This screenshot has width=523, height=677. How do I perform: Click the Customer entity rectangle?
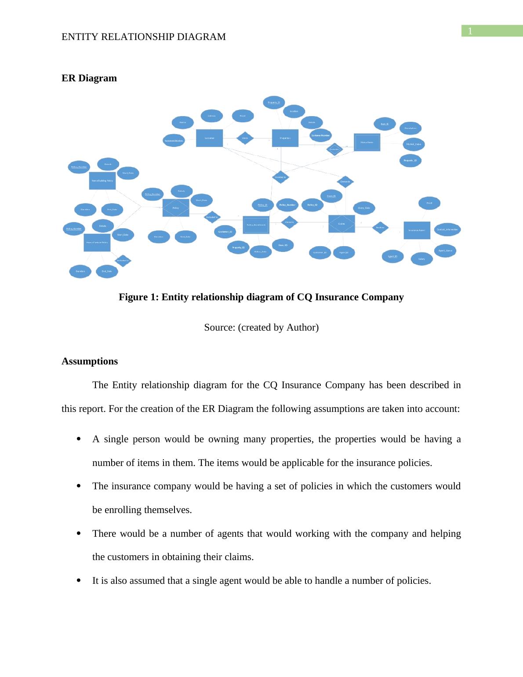coord(209,138)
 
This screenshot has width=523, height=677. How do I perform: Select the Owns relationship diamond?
coord(245,138)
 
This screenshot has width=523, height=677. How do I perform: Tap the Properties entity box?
coord(285,138)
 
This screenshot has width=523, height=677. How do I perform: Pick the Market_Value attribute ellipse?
coord(414,144)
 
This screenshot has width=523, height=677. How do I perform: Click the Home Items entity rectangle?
coord(367,142)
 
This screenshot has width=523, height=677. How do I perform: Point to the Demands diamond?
coord(345,182)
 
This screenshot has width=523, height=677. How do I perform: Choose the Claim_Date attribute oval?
coord(364,208)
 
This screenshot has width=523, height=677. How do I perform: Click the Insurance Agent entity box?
coord(417,230)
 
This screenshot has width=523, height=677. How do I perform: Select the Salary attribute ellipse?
coord(421,259)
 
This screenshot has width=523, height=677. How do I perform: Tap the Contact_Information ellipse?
coord(447,229)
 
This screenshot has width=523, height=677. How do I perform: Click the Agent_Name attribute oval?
coord(445,251)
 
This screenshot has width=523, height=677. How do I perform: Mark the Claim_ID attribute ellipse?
coord(331,196)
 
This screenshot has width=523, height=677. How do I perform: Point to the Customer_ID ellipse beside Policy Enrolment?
coord(225,232)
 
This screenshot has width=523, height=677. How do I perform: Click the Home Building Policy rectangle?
coord(102,181)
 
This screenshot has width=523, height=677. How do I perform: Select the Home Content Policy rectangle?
coord(97,243)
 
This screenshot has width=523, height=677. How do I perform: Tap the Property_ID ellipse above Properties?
coord(274,102)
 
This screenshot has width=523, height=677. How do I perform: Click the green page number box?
coord(492,31)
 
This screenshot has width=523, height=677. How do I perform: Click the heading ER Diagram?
coord(89,78)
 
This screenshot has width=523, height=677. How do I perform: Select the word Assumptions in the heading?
coord(90,361)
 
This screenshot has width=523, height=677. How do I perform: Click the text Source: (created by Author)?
coord(261,328)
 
